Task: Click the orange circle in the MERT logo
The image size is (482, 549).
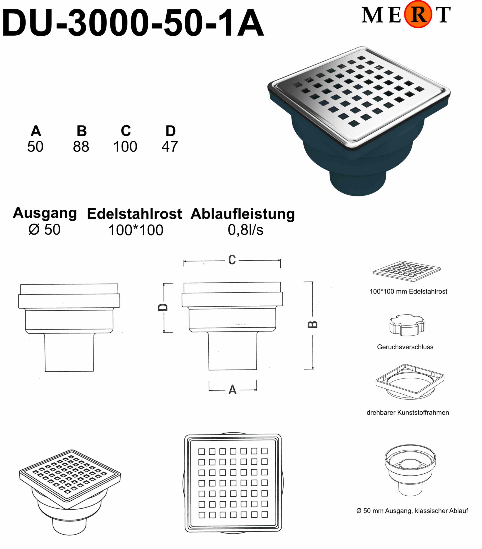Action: pyautogui.click(x=418, y=14)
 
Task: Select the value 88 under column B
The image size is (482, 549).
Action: pyautogui.click(x=81, y=147)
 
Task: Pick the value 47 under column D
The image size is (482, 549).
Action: pyautogui.click(x=170, y=147)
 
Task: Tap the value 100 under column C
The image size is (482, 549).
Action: pyautogui.click(x=125, y=147)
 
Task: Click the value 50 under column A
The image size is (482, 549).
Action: pyautogui.click(x=35, y=147)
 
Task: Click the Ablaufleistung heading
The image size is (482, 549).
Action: pyautogui.click(x=243, y=214)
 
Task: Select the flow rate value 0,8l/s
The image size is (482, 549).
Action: pyautogui.click(x=246, y=230)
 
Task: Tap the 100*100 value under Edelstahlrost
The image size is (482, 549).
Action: pyautogui.click(x=136, y=230)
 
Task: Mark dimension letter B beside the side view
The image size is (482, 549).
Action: pyautogui.click(x=312, y=325)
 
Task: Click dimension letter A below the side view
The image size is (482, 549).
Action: pyautogui.click(x=233, y=390)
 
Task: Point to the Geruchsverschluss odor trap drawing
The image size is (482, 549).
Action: pyautogui.click(x=407, y=325)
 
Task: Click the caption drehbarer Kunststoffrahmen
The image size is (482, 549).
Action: pyautogui.click(x=408, y=413)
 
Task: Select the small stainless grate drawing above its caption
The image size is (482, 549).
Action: pyautogui.click(x=407, y=271)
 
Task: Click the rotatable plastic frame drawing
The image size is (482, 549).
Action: pyautogui.click(x=410, y=382)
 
